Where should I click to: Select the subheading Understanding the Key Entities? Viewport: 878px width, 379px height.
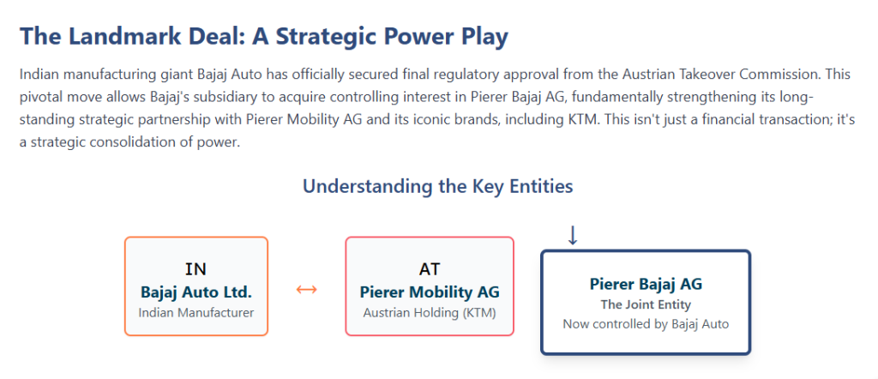pyautogui.click(x=438, y=186)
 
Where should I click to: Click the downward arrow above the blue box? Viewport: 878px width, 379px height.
pyautogui.click(x=572, y=236)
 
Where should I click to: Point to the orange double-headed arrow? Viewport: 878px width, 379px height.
pyautogui.click(x=306, y=290)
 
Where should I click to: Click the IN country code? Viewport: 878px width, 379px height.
pyautogui.click(x=196, y=269)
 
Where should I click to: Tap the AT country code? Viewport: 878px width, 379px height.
pyautogui.click(x=430, y=269)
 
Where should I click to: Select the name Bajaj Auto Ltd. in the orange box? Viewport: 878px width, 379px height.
pyautogui.click(x=196, y=292)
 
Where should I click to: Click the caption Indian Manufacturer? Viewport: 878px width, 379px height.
pyautogui.click(x=196, y=312)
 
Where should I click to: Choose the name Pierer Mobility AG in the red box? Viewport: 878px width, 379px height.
pyautogui.click(x=430, y=292)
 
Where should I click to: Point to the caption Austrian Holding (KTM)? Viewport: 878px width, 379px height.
pyautogui.click(x=430, y=313)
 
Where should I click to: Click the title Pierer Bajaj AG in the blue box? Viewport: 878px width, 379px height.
pyautogui.click(x=646, y=285)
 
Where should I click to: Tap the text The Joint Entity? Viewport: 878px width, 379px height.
pyautogui.click(x=646, y=305)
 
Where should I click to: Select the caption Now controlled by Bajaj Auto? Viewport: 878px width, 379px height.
pyautogui.click(x=646, y=324)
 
